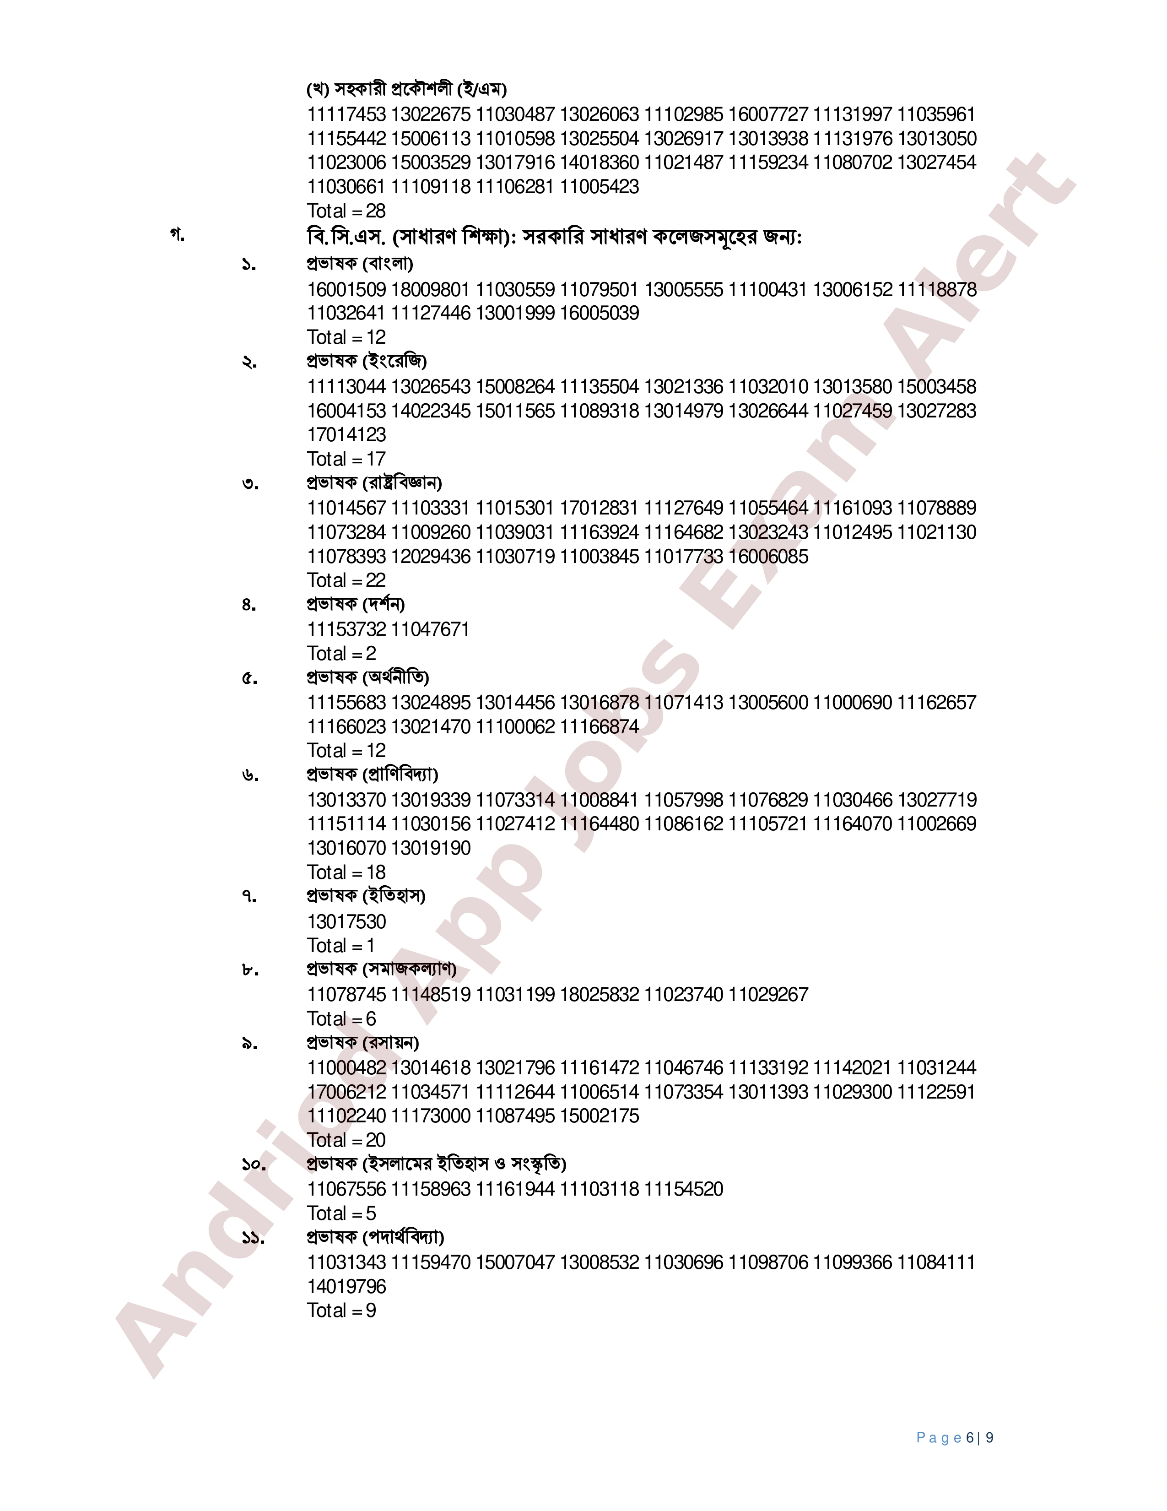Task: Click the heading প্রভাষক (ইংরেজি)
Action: pos(367,361)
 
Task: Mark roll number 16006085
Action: pos(768,556)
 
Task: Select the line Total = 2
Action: pos(342,653)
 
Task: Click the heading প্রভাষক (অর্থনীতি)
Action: pos(368,677)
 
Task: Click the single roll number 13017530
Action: pos(346,921)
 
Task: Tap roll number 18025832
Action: pos(599,994)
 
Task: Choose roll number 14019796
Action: pos(346,1286)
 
